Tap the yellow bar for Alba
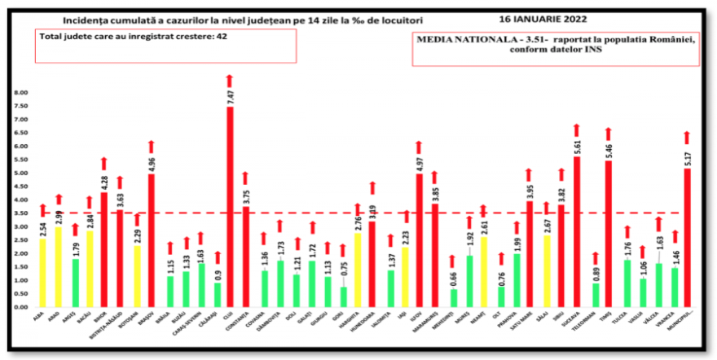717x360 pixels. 42,273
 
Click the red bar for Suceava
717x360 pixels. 576,232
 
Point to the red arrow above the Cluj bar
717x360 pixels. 230,80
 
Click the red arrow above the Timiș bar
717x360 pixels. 607,134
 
